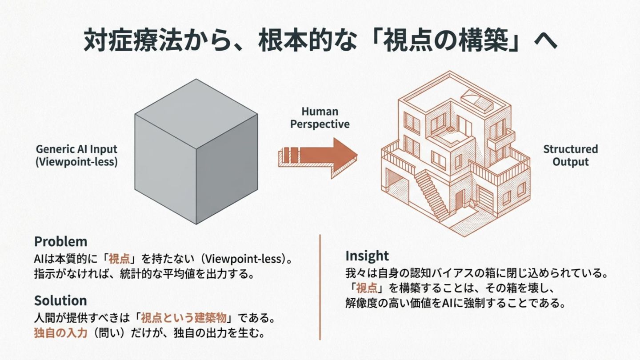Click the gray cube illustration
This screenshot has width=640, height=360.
[196, 151]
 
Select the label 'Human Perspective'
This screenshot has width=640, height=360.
[320, 118]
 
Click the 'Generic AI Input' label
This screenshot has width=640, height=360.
[76, 149]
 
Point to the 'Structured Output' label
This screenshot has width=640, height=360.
[571, 155]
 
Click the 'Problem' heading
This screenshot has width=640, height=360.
[61, 242]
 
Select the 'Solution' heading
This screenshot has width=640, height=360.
[60, 300]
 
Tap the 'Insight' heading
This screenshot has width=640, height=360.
[367, 256]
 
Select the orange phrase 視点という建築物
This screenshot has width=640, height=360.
[184, 318]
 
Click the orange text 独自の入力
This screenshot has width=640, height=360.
[60, 332]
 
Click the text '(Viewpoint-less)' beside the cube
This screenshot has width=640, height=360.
[76, 162]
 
